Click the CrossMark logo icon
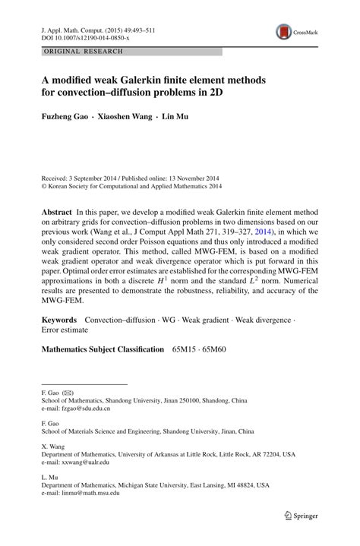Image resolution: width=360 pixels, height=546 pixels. [285, 31]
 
